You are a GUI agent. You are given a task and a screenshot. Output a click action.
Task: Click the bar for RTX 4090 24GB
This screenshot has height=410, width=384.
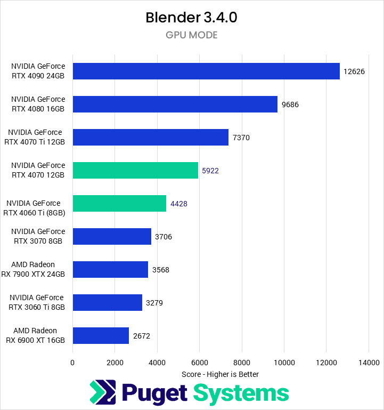206,71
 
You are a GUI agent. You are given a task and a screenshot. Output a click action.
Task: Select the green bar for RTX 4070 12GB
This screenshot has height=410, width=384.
135,171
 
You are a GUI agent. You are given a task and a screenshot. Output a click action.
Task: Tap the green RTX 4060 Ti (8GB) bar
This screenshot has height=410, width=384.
119,204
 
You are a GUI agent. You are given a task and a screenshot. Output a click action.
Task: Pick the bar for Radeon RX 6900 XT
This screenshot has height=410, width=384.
101,336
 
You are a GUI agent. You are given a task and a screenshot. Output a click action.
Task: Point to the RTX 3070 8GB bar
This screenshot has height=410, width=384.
112,237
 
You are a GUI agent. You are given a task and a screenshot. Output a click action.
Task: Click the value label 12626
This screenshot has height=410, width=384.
354,71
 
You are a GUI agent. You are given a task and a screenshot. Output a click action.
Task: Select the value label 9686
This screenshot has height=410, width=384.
290,104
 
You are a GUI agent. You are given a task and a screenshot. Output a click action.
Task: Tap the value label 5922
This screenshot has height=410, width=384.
210,171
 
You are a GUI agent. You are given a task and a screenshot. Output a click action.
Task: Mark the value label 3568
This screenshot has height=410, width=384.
160,270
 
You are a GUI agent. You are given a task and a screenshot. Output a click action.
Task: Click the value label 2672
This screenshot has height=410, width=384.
142,336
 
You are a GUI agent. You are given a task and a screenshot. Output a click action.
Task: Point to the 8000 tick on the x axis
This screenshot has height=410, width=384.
242,363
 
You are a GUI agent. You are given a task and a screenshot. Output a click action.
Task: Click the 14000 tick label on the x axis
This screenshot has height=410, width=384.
369,363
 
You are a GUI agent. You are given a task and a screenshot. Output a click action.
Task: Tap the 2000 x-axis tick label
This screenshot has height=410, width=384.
115,363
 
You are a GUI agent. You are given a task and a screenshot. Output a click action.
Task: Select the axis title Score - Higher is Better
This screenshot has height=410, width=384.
220,374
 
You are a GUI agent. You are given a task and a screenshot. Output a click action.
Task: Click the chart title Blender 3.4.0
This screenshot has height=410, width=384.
191,18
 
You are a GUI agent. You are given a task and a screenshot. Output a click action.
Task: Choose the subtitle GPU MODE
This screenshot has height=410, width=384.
191,36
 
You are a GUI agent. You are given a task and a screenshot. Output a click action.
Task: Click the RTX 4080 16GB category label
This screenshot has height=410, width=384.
38,104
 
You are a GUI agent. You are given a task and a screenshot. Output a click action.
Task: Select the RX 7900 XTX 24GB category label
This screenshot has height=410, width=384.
38,270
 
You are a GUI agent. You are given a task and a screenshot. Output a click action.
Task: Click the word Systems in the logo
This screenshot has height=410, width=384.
241,393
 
